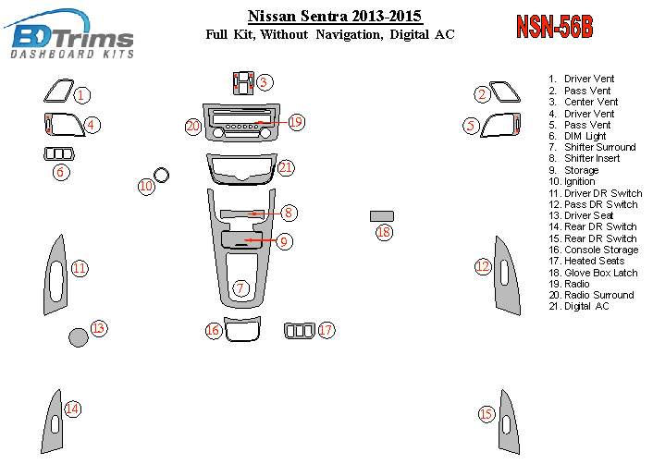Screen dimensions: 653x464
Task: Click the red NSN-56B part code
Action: click(x=554, y=27)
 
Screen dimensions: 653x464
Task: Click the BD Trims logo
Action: click(x=69, y=33)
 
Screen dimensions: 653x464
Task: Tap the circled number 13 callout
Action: click(x=99, y=328)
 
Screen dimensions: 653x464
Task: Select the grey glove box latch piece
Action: click(x=381, y=216)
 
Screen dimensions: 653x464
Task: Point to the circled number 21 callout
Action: click(x=286, y=167)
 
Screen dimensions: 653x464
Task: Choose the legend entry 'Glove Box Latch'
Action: click(x=600, y=273)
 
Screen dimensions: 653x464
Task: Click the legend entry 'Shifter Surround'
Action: click(x=599, y=147)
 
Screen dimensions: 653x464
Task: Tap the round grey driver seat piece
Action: click(x=79, y=337)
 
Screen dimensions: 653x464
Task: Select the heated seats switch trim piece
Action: click(x=300, y=331)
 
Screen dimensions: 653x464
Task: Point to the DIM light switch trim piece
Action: click(x=59, y=154)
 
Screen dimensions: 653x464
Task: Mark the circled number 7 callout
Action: click(x=240, y=288)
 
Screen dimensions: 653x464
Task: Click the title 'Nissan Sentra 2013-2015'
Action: click(x=335, y=17)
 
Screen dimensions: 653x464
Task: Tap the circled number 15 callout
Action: click(x=487, y=414)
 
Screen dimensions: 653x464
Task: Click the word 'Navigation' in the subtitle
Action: click(x=349, y=34)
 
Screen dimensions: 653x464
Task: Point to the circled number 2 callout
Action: click(x=482, y=94)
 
